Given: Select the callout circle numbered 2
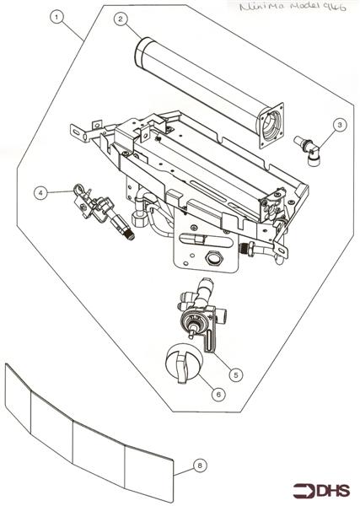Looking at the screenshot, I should point(121,19).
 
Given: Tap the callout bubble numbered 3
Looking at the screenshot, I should point(338,125).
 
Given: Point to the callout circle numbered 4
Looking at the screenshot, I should point(40,192).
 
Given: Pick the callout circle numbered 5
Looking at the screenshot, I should point(237,374).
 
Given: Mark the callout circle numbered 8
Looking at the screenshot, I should point(198,463).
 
